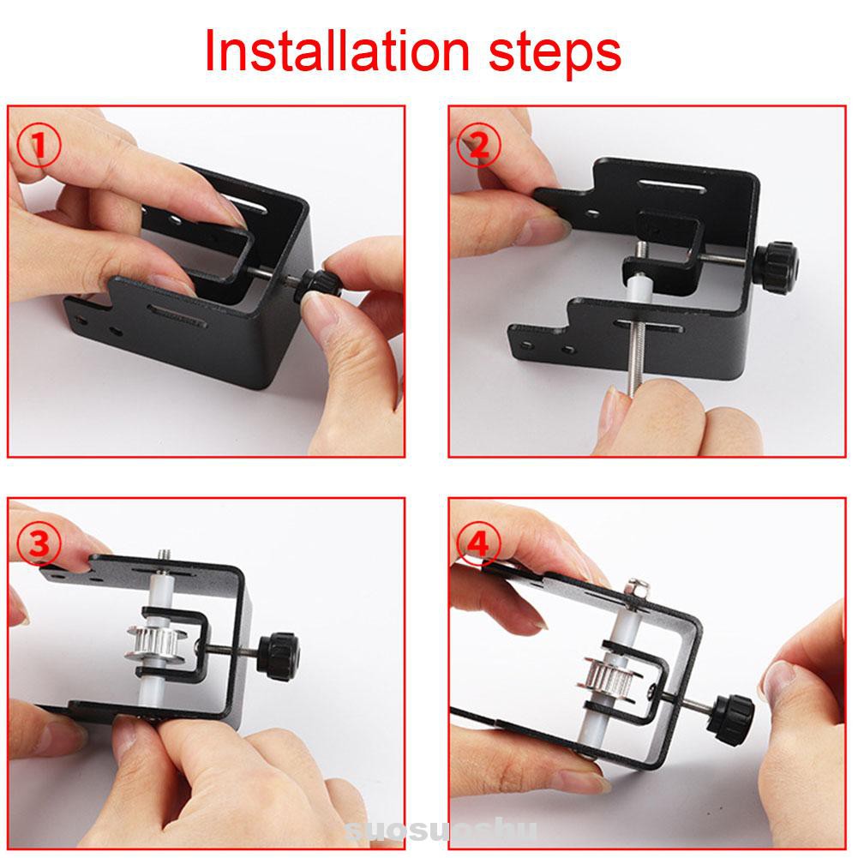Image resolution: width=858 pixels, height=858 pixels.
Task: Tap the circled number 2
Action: [478, 147]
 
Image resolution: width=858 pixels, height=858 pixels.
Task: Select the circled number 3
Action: [40, 543]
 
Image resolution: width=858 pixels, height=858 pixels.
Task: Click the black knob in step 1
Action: [319, 286]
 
